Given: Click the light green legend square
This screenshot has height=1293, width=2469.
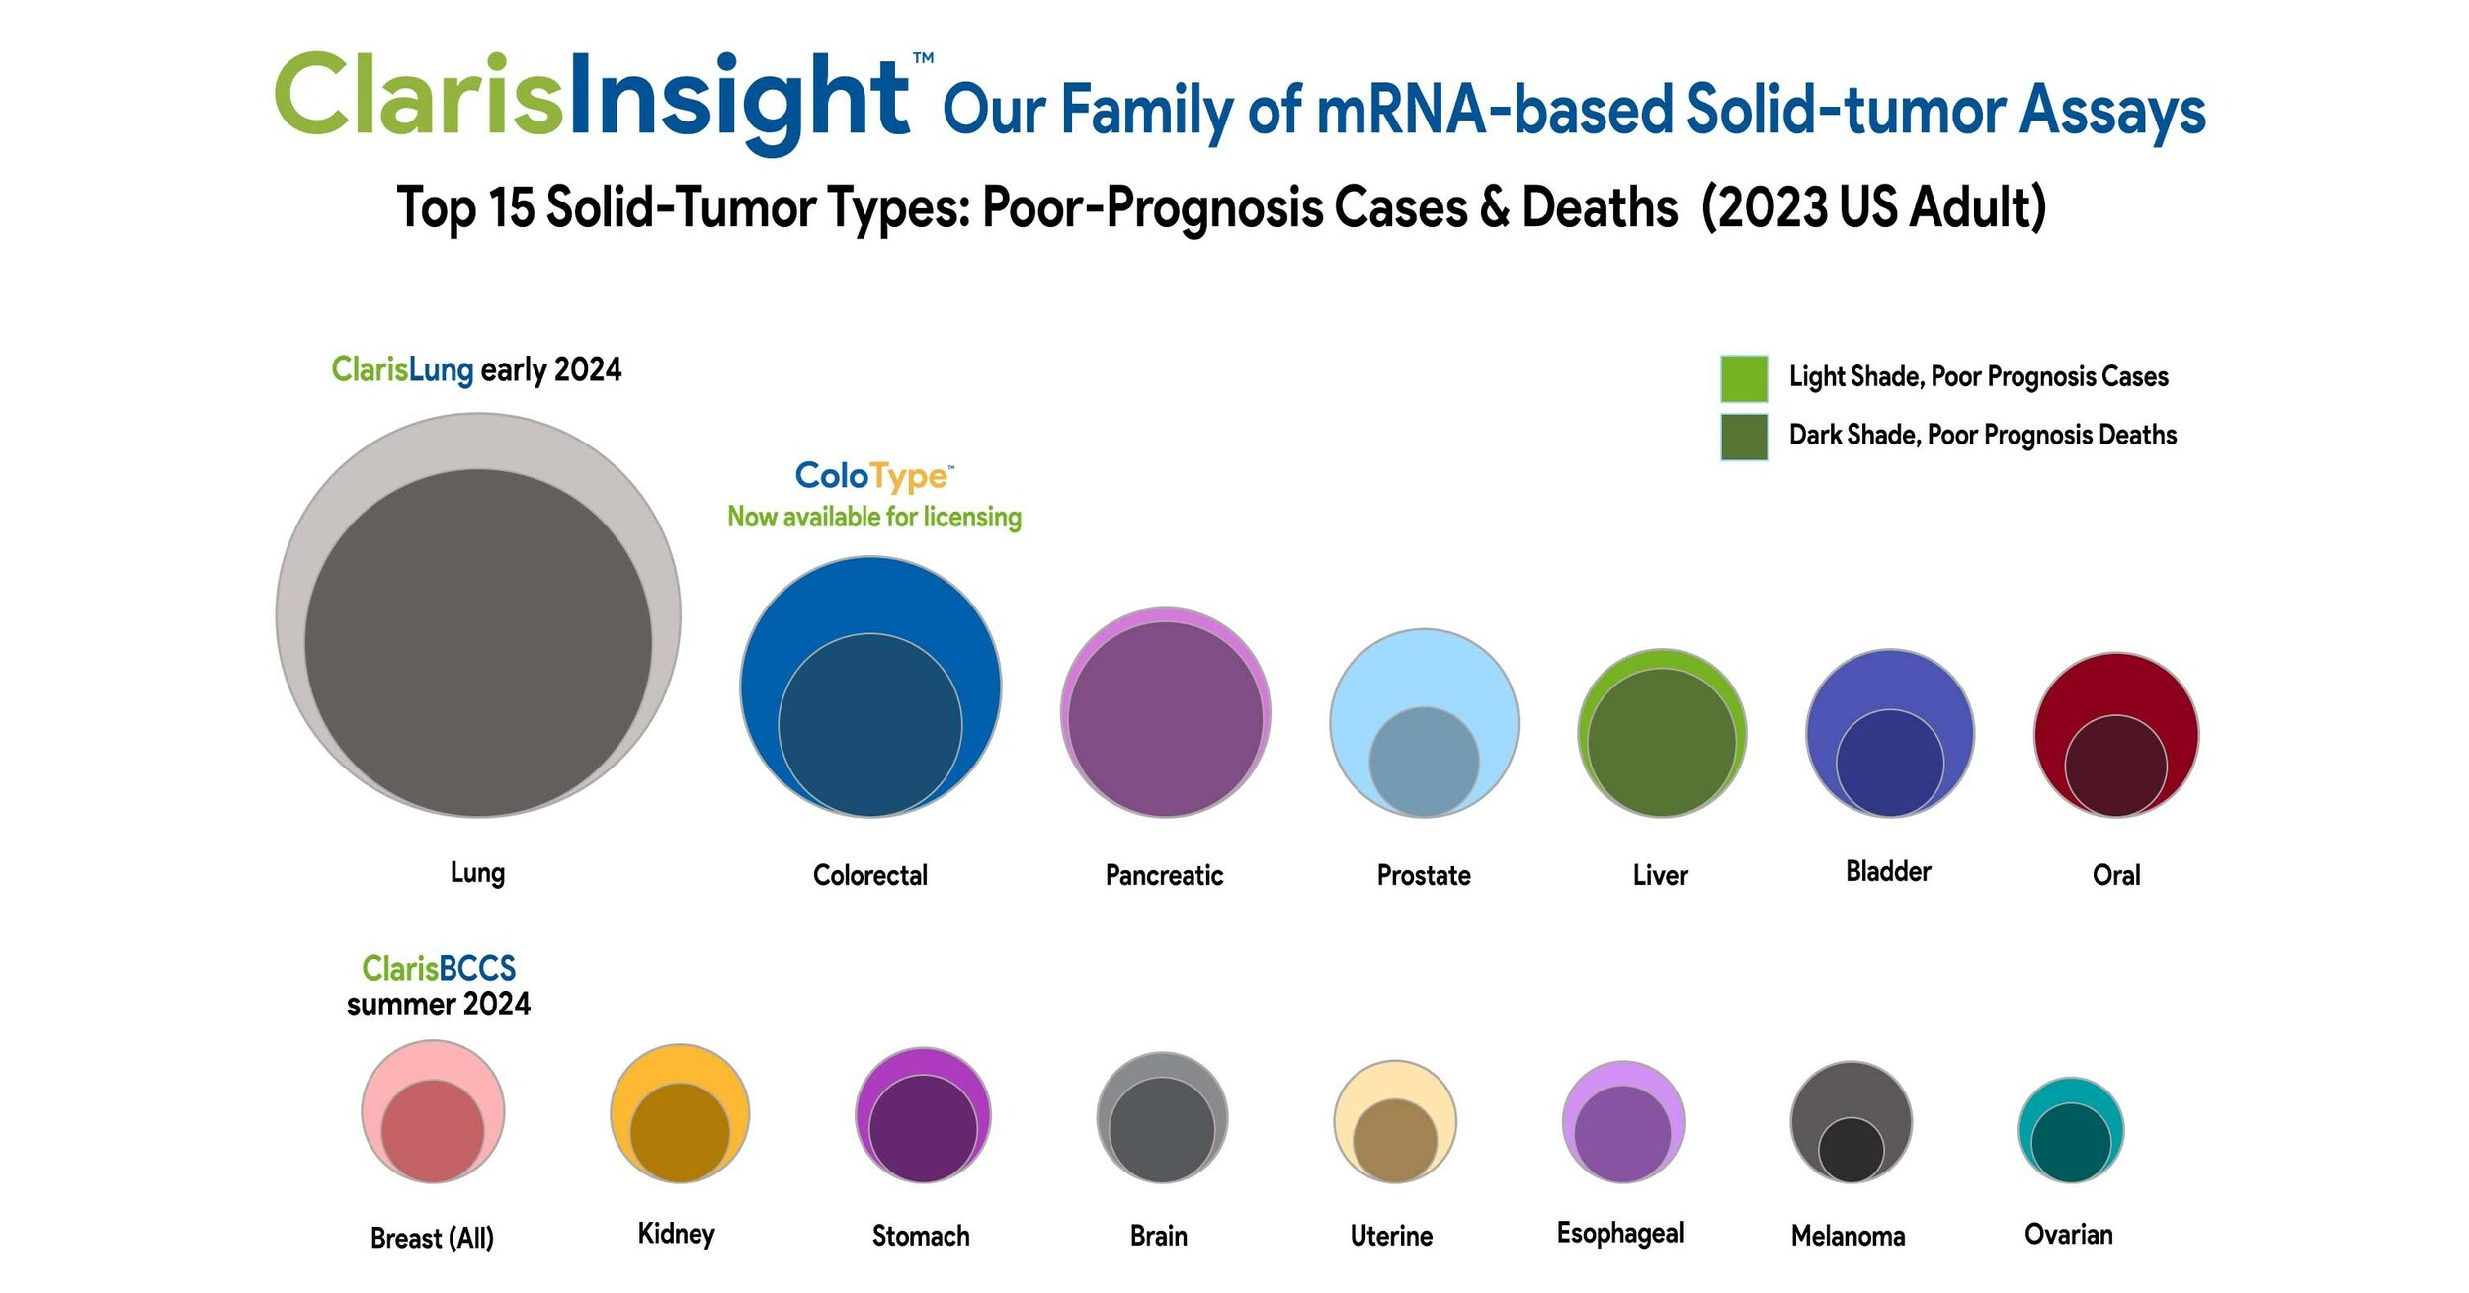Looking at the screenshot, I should click(x=1743, y=378).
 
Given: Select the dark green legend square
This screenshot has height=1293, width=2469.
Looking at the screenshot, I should click(x=1743, y=437).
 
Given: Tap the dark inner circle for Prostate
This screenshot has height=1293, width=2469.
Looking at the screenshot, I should click(x=1424, y=762).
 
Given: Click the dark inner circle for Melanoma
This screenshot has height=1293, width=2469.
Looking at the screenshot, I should click(x=1851, y=1150).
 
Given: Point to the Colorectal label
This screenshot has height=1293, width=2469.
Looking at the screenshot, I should click(x=869, y=875).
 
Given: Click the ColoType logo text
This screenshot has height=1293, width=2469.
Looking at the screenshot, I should click(x=873, y=476).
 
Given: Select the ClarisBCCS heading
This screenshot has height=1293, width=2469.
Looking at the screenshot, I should click(x=439, y=968).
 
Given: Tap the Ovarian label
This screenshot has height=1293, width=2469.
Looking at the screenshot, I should click(x=2068, y=1234).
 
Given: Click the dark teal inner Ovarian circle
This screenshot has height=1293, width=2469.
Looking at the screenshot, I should click(x=2071, y=1143).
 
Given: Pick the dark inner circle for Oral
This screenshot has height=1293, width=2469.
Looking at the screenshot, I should click(x=2115, y=766).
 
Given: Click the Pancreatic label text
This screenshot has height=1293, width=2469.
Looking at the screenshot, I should click(x=1164, y=875).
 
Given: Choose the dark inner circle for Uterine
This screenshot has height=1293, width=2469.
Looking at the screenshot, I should click(x=1394, y=1141).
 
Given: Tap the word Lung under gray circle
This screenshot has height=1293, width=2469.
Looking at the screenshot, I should click(x=477, y=873).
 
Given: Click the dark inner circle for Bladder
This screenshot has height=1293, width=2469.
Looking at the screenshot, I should click(x=1889, y=763).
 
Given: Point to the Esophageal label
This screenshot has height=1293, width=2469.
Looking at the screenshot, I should click(x=1619, y=1233).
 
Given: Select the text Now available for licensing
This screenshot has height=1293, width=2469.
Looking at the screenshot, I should click(x=874, y=517).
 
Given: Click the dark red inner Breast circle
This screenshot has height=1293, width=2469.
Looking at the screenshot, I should click(x=433, y=1131).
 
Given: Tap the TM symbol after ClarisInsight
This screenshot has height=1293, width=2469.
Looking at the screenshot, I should click(x=923, y=58).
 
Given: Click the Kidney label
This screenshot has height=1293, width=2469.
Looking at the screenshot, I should click(x=676, y=1234).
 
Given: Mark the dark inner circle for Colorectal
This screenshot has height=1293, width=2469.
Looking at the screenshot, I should click(x=869, y=725).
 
